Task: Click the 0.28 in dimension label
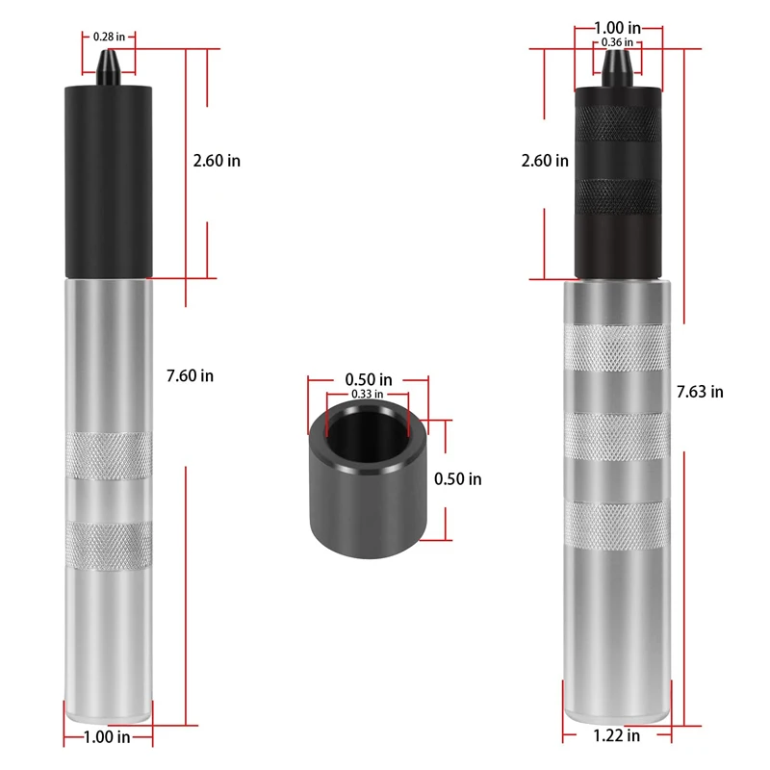[x=107, y=37]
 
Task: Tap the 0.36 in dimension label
[x=616, y=42]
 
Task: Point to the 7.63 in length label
[x=700, y=391]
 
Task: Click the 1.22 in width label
[x=617, y=736]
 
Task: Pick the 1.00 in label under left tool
[x=109, y=738]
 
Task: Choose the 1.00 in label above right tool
[x=617, y=29]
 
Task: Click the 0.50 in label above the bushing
[x=369, y=379]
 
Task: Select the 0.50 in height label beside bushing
[x=458, y=478]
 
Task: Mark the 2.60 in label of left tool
[x=217, y=161]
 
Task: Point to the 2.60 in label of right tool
[x=545, y=161]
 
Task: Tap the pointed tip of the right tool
[x=616, y=64]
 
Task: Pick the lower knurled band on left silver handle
[x=108, y=545]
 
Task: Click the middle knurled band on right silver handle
[x=616, y=437]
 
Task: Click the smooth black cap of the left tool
[x=108, y=178]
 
